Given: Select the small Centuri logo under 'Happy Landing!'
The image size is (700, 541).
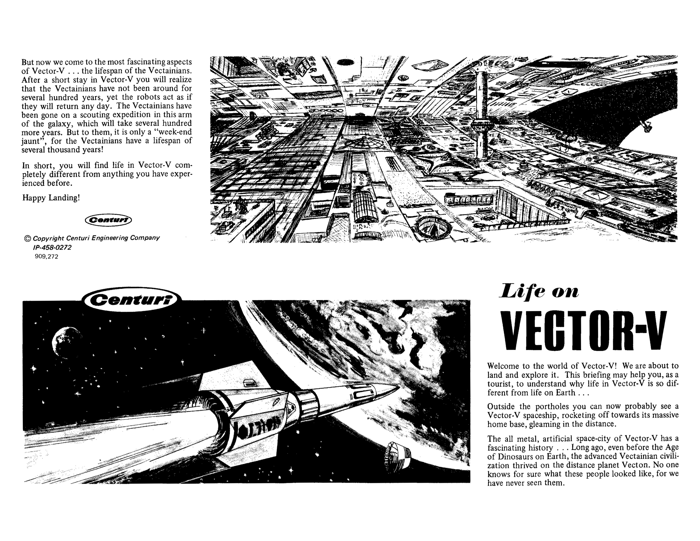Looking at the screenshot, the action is pos(108,220).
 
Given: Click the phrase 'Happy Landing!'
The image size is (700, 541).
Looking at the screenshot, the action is pos(51,198).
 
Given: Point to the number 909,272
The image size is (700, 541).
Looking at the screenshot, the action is pos(46,256).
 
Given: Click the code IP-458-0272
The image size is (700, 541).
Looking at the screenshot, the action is pos(52,247).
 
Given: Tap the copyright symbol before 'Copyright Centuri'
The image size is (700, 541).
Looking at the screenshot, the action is pos(28,238).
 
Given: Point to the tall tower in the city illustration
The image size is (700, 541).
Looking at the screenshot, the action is pos(480,115).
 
